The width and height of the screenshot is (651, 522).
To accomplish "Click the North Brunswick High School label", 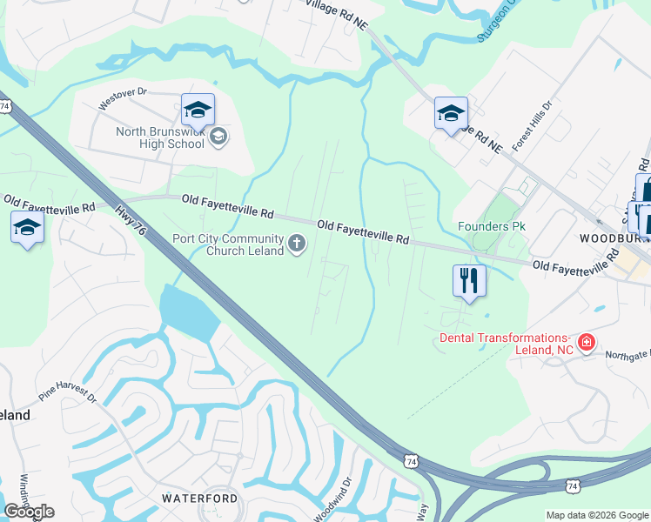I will pyautogui.click(x=161, y=139).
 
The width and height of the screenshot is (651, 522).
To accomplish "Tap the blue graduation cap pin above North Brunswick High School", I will pyautogui.click(x=198, y=110).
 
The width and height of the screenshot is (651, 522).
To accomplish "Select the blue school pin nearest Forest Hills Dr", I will pyautogui.click(x=451, y=114).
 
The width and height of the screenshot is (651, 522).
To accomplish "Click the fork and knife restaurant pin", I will pyautogui.click(x=468, y=281).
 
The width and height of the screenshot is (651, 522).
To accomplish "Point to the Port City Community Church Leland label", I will pyautogui.click(x=228, y=245).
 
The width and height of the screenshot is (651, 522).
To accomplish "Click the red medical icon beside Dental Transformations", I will pyautogui.click(x=587, y=343).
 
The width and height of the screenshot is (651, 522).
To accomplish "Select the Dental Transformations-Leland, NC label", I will pyautogui.click(x=504, y=344).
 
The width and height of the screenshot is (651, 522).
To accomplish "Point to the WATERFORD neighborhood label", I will pyautogui.click(x=199, y=498).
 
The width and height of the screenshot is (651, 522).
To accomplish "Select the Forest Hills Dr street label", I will pyautogui.click(x=539, y=129).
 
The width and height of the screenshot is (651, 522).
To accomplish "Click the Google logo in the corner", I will pyautogui.click(x=29, y=512).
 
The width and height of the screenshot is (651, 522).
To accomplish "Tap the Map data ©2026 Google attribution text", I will pyautogui.click(x=596, y=515).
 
